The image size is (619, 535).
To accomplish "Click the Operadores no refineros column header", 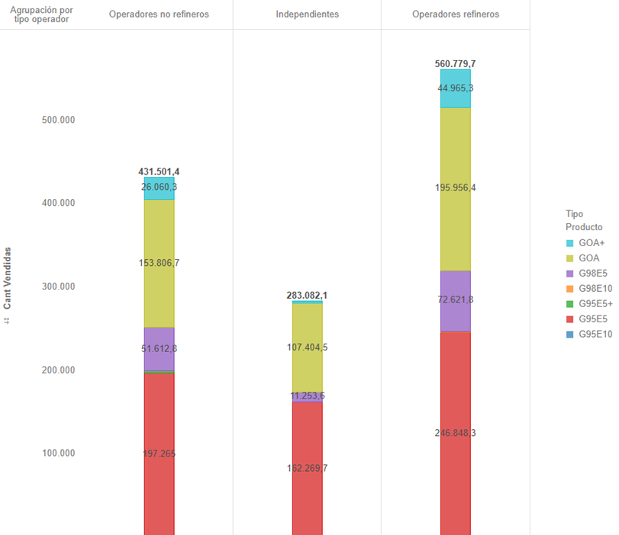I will (159, 14).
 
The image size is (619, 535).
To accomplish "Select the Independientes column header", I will (307, 14).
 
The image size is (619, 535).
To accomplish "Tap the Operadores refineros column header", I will (456, 14).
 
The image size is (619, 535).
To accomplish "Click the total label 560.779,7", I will (456, 63).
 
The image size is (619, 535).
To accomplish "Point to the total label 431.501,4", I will (160, 171).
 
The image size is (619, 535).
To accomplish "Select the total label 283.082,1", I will (307, 295).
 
